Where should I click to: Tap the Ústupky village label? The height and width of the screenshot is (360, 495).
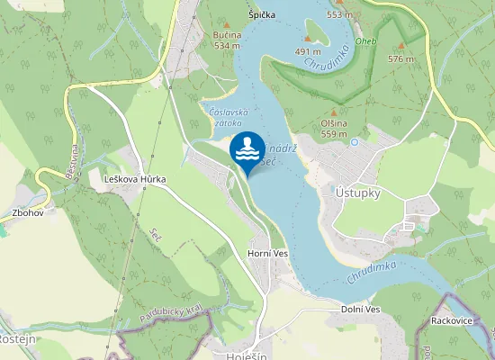point(358,193)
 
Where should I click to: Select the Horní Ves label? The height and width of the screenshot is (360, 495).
point(265,254)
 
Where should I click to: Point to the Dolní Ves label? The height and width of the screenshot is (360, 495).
point(360,310)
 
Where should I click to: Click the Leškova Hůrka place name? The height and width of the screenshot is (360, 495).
point(135,180)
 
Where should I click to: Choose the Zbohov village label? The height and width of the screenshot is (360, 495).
point(27,214)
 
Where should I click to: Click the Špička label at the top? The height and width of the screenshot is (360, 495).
point(262,16)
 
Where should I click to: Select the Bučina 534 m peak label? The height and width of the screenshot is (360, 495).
point(226,40)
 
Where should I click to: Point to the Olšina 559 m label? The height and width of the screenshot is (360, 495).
point(334,129)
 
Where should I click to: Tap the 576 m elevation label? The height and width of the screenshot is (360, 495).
point(400,58)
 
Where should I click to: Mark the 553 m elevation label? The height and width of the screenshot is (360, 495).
point(339,15)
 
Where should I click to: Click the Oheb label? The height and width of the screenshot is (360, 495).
point(365,43)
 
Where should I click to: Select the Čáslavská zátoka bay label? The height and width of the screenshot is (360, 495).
point(225,116)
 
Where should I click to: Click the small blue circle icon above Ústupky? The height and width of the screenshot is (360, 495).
point(355,142)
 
